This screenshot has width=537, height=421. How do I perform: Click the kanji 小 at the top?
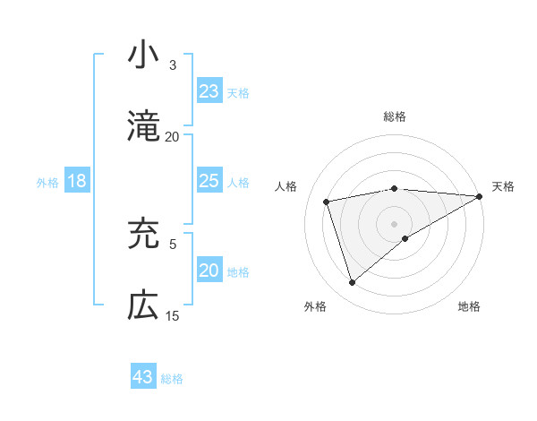point(143,56)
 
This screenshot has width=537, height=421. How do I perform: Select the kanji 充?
point(143,234)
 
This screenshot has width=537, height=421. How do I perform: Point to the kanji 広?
point(143,305)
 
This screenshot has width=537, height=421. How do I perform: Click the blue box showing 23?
point(209,91)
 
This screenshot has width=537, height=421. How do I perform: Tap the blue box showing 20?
point(209,271)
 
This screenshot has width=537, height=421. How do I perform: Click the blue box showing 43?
point(143,377)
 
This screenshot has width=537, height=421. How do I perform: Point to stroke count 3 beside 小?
point(173,65)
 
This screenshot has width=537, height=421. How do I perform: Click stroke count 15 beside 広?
point(173,316)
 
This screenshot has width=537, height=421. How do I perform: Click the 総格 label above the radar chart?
point(395,116)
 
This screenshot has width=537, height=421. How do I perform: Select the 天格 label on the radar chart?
point(503,186)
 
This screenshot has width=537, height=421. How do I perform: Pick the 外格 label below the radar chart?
point(315,306)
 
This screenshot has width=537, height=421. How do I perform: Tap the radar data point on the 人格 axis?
point(328,201)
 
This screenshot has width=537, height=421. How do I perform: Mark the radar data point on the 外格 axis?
point(352,283)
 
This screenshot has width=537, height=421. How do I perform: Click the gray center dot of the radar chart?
point(395,223)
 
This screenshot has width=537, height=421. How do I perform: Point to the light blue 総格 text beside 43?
point(172,379)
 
